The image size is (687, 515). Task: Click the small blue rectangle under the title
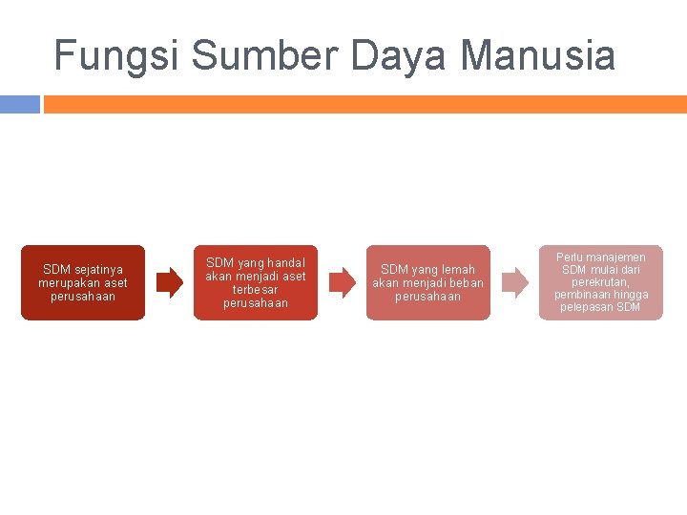pos(19,103)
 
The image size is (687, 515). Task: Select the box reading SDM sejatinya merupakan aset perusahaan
pos(83,282)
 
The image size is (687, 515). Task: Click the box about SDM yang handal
pos(256,282)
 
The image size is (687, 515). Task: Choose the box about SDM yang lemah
pos(427,282)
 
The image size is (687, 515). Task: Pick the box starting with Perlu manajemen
pos(601,282)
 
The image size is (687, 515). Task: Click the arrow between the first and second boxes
pos(169,282)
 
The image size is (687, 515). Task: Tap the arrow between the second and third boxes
pos(342,282)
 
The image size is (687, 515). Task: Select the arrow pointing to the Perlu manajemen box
pos(514,282)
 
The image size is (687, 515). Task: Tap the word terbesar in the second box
pos(256,290)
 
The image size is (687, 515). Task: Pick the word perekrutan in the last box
pos(601,282)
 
